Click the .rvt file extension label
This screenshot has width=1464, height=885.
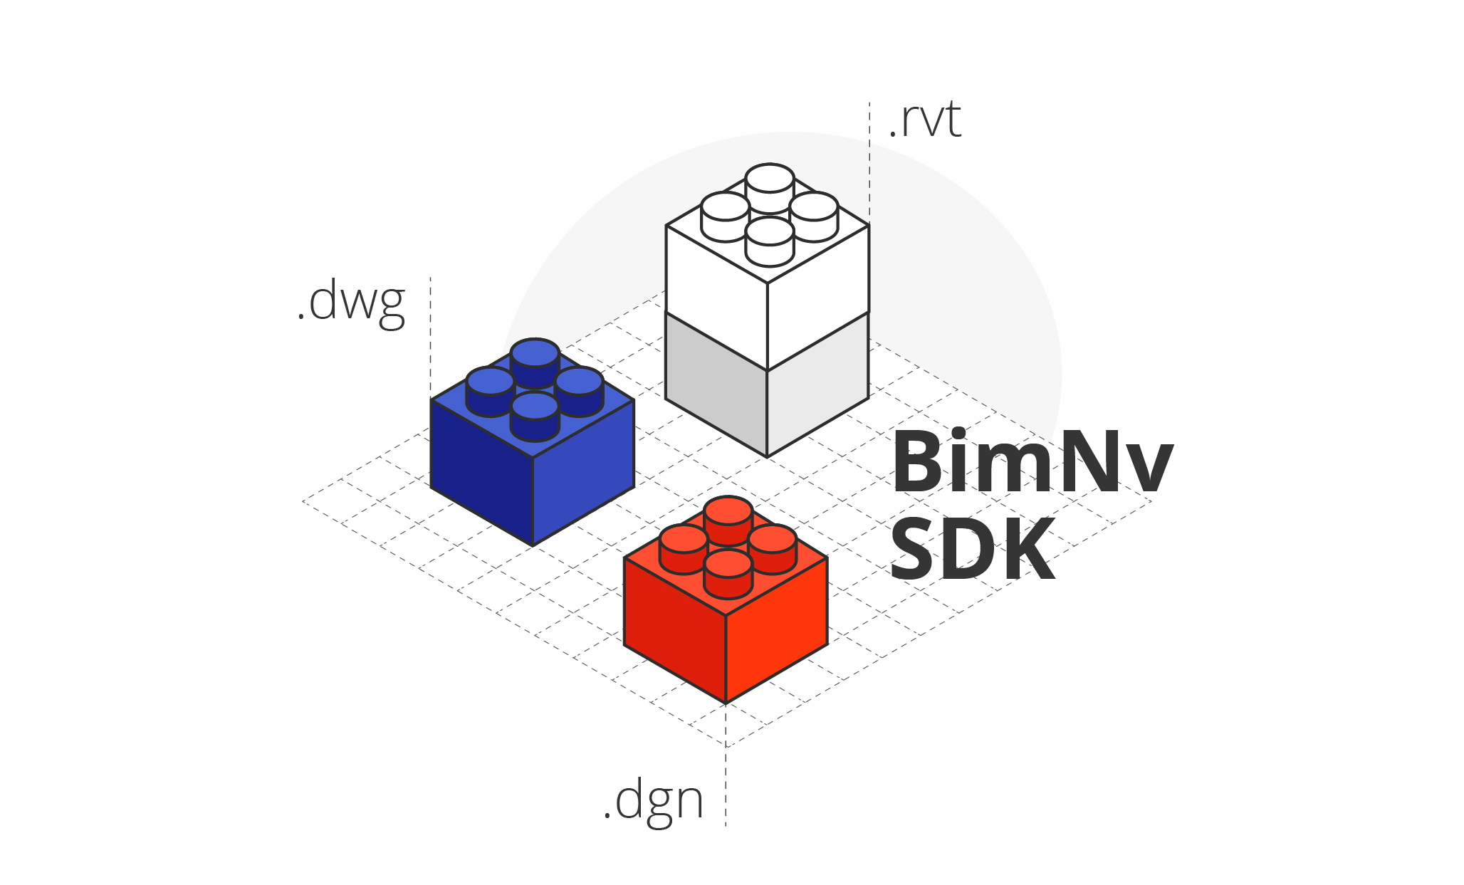point(925,121)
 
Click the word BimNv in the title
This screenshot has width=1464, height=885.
point(1032,462)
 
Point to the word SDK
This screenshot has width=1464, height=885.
point(972,550)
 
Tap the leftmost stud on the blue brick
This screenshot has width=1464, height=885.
point(490,382)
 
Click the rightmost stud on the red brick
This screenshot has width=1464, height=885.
point(773,540)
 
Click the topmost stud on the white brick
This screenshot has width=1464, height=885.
point(770,179)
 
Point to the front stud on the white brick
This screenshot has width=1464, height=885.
point(770,233)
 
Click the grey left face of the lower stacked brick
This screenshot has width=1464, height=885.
point(716,384)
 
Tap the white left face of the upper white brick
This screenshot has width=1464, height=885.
point(716,292)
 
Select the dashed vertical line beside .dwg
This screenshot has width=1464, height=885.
point(431,335)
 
